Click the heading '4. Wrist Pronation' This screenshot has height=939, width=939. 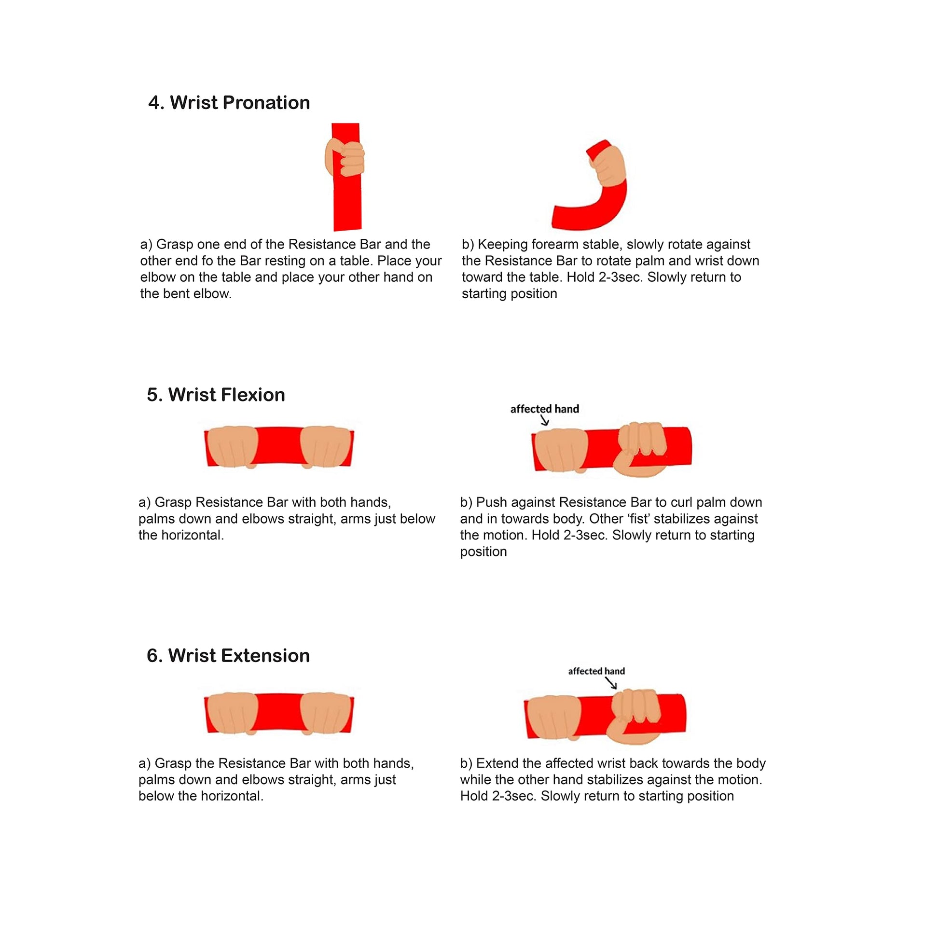229,103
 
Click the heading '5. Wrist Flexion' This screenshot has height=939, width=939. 216,395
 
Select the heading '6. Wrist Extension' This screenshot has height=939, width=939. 228,656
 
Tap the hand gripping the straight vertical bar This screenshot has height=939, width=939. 345,158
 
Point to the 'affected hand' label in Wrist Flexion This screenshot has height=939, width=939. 544,409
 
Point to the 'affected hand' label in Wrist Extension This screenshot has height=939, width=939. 596,671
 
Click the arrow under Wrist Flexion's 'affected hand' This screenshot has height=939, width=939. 545,420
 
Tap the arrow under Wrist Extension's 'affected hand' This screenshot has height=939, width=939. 611,683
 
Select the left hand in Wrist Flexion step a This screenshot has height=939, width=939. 232,447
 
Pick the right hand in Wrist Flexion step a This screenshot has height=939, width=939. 326,447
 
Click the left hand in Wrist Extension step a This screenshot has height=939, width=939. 232,713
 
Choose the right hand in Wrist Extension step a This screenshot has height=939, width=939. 326,713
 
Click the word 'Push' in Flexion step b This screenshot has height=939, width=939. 491,502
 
